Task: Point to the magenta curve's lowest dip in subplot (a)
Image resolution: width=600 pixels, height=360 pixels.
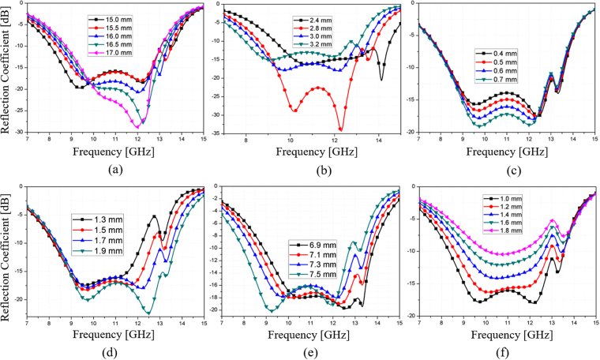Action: click(x=138, y=126)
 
